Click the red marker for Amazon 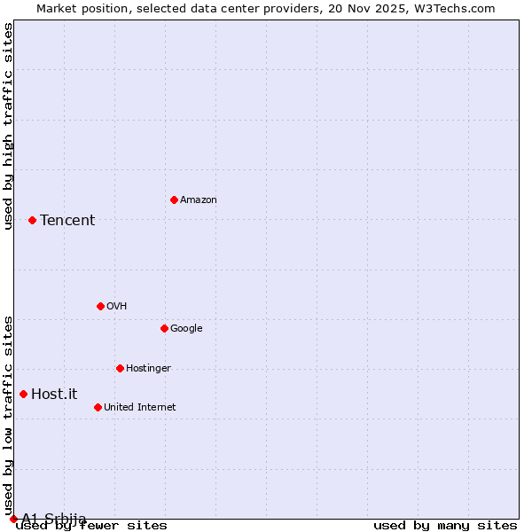[x=174, y=199]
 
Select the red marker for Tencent [x=32, y=220]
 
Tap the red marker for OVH [x=100, y=306]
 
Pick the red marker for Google [x=164, y=328]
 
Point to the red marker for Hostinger [x=120, y=368]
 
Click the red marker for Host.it [x=23, y=394]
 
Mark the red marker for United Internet [x=98, y=407]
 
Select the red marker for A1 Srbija [x=13, y=519]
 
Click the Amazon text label [x=199, y=200]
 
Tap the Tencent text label [x=67, y=221]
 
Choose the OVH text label [x=117, y=307]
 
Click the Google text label [x=186, y=329]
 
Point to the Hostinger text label [x=148, y=369]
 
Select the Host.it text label [x=54, y=395]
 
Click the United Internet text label [x=140, y=408]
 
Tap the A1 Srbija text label [x=54, y=519]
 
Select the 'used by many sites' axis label [x=445, y=526]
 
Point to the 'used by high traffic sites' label [x=8, y=126]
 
